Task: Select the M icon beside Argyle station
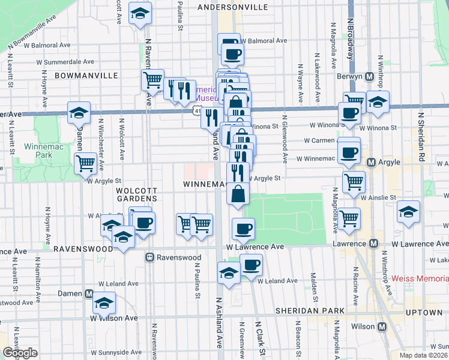(371, 162)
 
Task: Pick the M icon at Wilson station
(380, 327)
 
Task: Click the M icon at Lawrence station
(373, 243)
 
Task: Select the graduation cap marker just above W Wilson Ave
(104, 303)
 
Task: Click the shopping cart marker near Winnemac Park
(86, 162)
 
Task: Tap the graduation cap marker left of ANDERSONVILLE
(140, 14)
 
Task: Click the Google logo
(20, 353)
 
